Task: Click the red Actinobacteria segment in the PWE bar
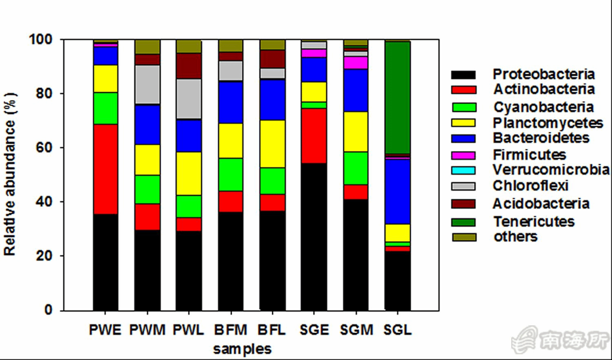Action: [105, 169]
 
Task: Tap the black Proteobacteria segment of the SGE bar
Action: [314, 237]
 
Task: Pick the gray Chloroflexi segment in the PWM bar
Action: [147, 84]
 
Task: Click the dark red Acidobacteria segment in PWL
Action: [188, 66]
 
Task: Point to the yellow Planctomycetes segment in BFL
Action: [272, 144]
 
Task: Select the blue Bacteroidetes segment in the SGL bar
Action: [397, 191]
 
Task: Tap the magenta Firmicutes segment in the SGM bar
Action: [355, 62]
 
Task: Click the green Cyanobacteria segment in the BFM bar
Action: [231, 174]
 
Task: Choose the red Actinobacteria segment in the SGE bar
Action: [314, 136]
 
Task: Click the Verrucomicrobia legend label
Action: [551, 169]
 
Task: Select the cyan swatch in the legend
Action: [463, 170]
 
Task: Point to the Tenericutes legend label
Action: [534, 222]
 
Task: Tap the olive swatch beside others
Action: [463, 237]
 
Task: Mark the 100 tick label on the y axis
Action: [41, 40]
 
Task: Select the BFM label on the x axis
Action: [231, 330]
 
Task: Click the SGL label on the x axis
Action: [397, 330]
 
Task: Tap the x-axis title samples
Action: [242, 349]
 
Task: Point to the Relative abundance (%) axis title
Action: [10, 174]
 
